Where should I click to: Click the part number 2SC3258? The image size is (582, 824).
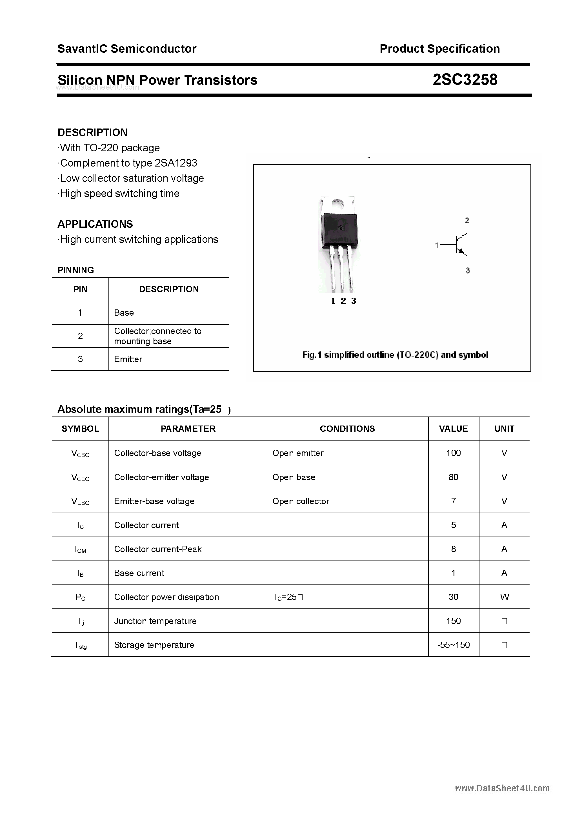(465, 80)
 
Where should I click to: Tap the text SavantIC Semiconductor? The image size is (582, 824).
(127, 49)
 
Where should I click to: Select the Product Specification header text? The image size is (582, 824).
(439, 49)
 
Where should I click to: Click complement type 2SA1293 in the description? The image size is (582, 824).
(176, 163)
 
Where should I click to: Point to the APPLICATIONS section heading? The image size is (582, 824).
(95, 224)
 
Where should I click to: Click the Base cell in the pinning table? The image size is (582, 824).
(124, 313)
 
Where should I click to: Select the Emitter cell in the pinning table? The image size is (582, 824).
(128, 359)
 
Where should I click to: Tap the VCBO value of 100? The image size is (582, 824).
(453, 453)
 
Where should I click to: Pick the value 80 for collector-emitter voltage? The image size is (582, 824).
(453, 477)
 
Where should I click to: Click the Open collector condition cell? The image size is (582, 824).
(301, 501)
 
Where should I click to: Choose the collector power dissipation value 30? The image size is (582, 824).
(453, 597)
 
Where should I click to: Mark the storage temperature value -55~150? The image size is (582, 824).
(453, 645)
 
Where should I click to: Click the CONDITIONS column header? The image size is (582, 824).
(347, 429)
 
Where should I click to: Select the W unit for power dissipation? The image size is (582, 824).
(504, 597)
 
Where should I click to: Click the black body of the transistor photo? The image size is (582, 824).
(339, 230)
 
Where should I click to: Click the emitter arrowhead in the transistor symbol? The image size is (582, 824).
(461, 251)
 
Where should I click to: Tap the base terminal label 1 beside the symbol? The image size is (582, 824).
(437, 245)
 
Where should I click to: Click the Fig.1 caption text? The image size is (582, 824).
(395, 355)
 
